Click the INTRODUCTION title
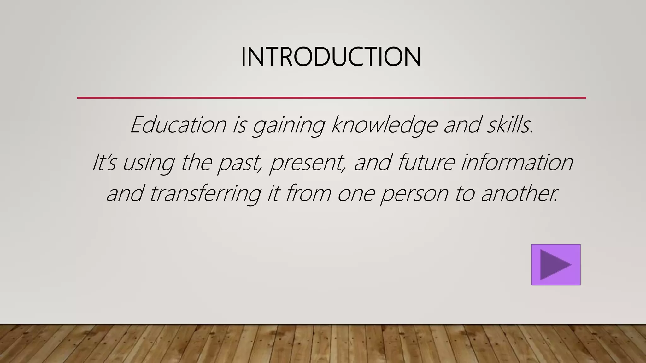click(331, 57)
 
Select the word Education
click(178, 125)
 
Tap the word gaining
click(288, 125)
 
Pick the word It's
click(104, 163)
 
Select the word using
click(148, 163)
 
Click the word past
click(240, 163)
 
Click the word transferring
click(205, 194)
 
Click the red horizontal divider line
click(331, 98)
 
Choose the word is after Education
click(239, 125)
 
